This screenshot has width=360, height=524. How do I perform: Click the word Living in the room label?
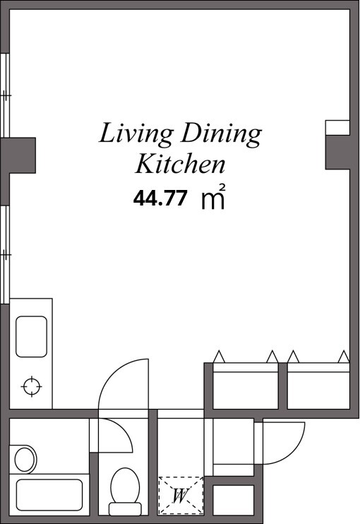(136, 134)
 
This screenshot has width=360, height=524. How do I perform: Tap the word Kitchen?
(180, 164)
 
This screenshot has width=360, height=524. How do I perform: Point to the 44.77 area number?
(160, 198)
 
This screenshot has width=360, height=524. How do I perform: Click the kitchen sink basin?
(31, 337)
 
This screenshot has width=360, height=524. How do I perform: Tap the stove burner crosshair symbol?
(31, 386)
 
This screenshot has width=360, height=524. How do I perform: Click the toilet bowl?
(125, 485)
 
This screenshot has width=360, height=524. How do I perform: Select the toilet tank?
(125, 509)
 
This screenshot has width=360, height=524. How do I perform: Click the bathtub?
(49, 495)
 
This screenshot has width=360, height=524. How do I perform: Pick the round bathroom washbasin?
(25, 460)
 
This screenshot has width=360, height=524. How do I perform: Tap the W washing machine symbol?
(181, 495)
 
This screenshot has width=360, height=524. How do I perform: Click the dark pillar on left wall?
(18, 155)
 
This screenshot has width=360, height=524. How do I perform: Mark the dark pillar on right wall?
(337, 153)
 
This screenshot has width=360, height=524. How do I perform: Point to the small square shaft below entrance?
(233, 500)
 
